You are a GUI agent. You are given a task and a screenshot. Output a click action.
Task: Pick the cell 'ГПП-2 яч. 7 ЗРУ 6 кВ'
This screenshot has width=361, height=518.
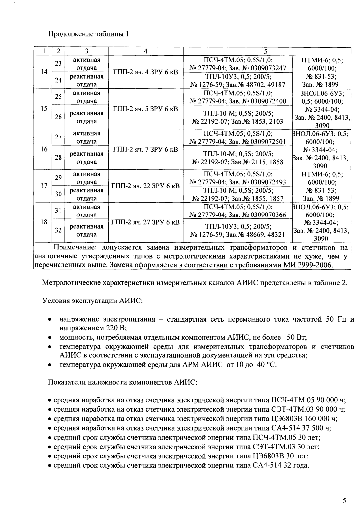146,149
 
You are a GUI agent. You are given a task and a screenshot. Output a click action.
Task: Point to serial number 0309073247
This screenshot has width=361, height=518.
270,68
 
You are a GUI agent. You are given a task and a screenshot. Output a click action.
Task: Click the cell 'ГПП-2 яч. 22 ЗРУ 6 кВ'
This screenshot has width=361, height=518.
146,186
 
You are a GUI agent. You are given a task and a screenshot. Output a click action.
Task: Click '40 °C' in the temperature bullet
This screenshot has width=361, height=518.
266,365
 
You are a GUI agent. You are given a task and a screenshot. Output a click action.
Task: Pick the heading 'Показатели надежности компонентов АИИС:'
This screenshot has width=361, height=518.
123,382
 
